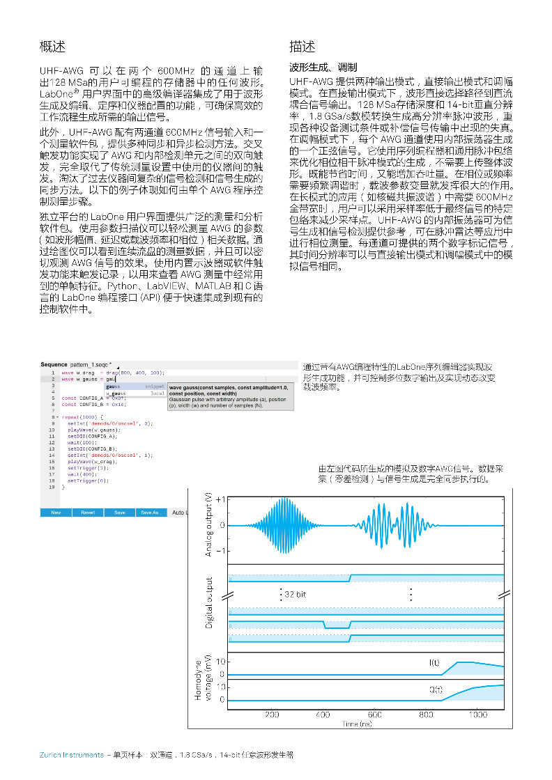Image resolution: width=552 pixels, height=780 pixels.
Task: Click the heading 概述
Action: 52,47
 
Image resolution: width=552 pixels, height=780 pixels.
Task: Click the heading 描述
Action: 302,47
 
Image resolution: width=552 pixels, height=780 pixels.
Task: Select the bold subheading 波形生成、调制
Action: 323,68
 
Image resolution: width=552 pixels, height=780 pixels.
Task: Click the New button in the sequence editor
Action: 56,513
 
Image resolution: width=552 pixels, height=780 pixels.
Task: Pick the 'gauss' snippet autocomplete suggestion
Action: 114,386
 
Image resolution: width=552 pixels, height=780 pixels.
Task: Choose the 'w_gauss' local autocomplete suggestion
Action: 115,393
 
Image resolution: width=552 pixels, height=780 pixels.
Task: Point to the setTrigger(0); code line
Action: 88,481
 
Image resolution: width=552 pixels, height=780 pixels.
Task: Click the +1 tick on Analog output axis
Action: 220,500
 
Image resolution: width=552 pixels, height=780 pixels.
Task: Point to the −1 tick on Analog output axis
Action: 220,551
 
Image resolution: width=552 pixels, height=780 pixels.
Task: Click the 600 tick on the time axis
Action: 375,715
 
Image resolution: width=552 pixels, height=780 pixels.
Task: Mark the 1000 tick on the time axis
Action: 477,715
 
